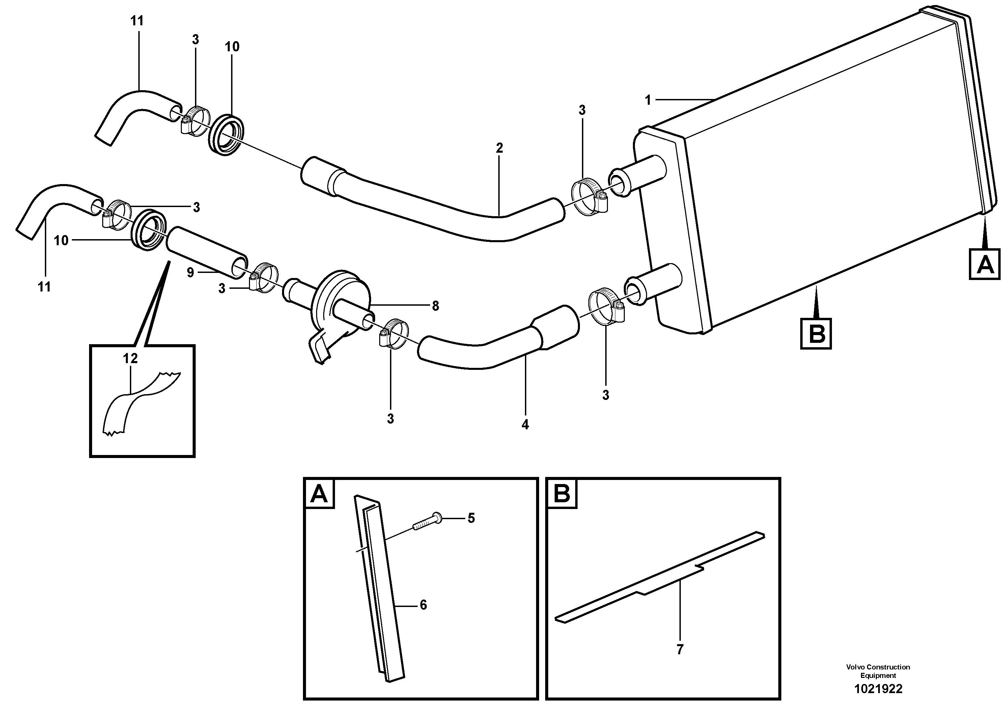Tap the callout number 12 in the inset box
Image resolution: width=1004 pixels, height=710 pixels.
130,358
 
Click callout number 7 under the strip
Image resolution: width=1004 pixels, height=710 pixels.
679,650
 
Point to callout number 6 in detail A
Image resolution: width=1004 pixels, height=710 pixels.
423,605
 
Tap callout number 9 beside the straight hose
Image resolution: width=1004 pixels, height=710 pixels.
190,273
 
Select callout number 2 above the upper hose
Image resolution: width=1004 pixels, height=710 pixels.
499,148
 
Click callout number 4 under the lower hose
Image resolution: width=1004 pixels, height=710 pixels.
525,424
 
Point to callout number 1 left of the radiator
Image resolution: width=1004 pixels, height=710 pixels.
648,100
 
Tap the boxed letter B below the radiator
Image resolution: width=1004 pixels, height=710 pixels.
816,334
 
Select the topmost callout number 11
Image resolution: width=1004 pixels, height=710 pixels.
137,21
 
